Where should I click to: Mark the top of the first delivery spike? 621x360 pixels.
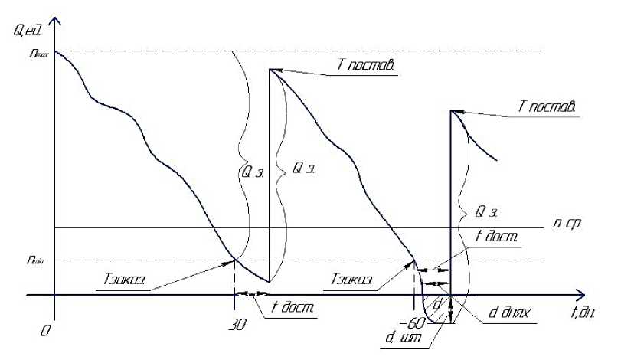coord(270,70)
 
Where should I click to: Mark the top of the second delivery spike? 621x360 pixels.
coord(450,110)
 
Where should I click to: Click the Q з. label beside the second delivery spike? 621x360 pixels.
coord(487,209)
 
